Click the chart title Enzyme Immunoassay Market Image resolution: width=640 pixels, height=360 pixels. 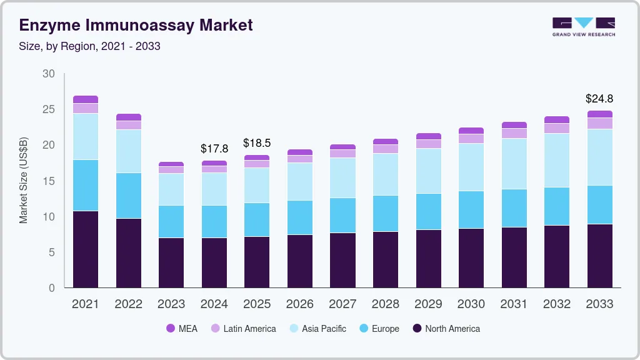click(x=136, y=25)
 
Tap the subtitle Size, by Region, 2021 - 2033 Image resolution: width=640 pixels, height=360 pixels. click(x=89, y=47)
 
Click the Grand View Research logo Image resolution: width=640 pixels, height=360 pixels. click(x=583, y=27)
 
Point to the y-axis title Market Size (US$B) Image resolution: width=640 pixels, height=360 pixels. click(x=24, y=181)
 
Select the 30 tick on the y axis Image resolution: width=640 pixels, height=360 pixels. click(x=48, y=74)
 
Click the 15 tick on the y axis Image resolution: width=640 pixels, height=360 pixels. click(x=48, y=181)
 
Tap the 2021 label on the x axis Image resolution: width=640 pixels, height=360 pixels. click(x=85, y=304)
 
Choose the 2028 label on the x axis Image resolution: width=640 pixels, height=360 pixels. click(x=385, y=304)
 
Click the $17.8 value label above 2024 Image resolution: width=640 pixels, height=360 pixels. click(x=214, y=149)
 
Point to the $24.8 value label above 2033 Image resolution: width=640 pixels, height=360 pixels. click(x=599, y=99)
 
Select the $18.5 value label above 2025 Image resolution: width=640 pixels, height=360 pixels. click(x=257, y=143)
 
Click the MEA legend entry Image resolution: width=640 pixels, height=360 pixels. click(x=182, y=329)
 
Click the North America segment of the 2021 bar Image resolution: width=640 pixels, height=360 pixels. click(x=86, y=249)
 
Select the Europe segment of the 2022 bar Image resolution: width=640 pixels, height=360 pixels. click(x=128, y=196)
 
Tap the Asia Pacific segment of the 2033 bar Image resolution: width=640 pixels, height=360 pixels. click(x=599, y=157)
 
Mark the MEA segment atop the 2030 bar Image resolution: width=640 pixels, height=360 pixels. click(x=471, y=131)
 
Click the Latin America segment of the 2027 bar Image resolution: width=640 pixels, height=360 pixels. click(x=342, y=154)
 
